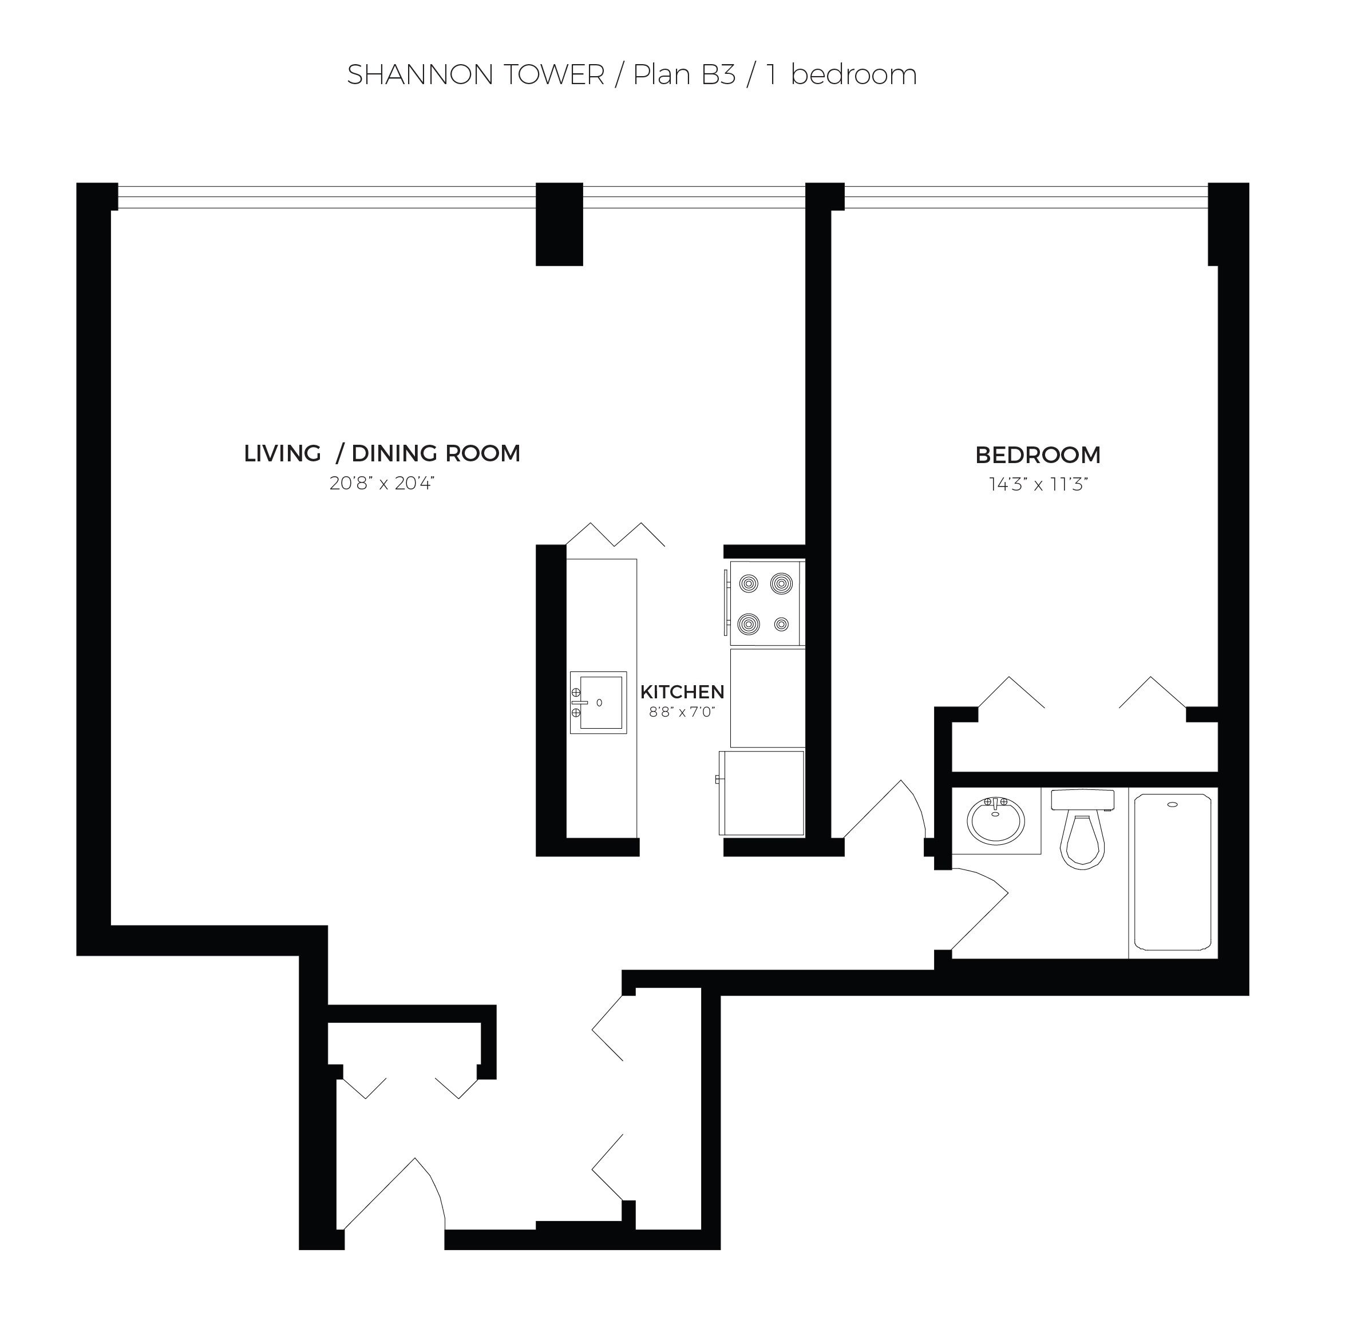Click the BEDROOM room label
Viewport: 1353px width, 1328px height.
(x=1038, y=454)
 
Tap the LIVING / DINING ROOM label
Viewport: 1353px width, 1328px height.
(x=382, y=453)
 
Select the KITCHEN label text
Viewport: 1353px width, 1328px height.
(x=682, y=692)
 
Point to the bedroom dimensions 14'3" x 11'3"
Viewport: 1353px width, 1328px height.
(x=1038, y=484)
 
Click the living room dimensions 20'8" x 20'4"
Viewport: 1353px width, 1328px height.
(x=382, y=483)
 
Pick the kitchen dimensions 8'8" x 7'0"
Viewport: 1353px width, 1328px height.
(x=682, y=712)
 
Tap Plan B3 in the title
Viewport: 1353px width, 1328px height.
(x=684, y=74)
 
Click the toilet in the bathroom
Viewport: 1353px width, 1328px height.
(x=1082, y=829)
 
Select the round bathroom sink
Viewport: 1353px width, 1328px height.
(x=996, y=821)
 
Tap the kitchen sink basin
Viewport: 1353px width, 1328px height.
(x=599, y=702)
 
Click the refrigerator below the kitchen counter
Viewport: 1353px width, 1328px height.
(x=762, y=793)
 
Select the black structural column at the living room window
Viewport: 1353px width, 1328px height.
(x=559, y=224)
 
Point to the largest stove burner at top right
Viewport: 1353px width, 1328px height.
(x=781, y=582)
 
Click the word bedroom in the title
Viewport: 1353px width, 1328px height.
(x=854, y=74)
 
